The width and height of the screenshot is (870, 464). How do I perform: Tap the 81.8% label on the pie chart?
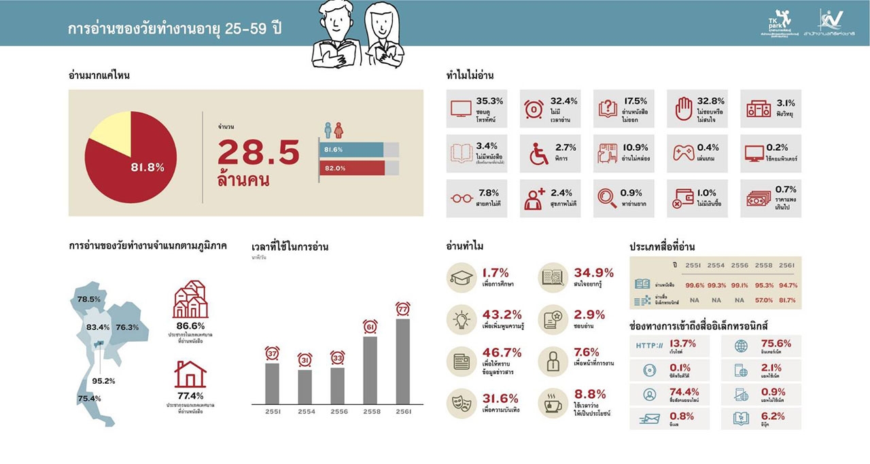[147, 167]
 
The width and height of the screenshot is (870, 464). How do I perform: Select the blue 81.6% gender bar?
[351, 149]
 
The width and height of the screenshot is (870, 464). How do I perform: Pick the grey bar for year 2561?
[403, 360]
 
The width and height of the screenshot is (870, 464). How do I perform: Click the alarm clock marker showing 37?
[272, 354]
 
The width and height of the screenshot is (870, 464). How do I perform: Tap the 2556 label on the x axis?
[337, 412]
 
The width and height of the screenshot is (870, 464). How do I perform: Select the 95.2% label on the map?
[103, 380]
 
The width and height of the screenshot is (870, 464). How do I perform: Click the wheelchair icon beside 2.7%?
[538, 154]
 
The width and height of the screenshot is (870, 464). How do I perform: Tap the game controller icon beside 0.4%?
[683, 154]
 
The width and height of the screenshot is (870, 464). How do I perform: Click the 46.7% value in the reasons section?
[501, 353]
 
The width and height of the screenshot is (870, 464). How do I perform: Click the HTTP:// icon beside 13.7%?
[649, 346]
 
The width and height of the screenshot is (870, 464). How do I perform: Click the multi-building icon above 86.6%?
[190, 300]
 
